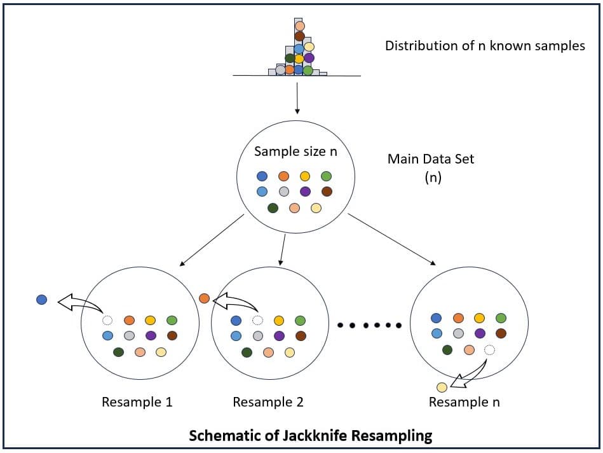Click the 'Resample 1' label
[x=137, y=402]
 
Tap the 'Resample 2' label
[x=268, y=402]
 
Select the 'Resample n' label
[x=464, y=402]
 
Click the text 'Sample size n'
[x=295, y=151]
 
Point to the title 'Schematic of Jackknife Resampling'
[x=311, y=436]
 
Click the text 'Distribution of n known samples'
[x=485, y=46]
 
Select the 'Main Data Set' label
[x=431, y=159]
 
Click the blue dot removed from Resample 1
[x=42, y=299]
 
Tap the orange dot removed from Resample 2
[x=204, y=298]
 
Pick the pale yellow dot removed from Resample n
[x=442, y=387]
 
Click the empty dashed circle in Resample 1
[x=107, y=321]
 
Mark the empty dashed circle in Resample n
[x=489, y=349]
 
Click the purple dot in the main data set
[x=305, y=191]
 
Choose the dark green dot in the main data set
[x=273, y=207]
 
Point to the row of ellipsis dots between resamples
[x=369, y=325]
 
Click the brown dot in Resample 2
[x=301, y=335]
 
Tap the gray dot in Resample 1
[x=129, y=335]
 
